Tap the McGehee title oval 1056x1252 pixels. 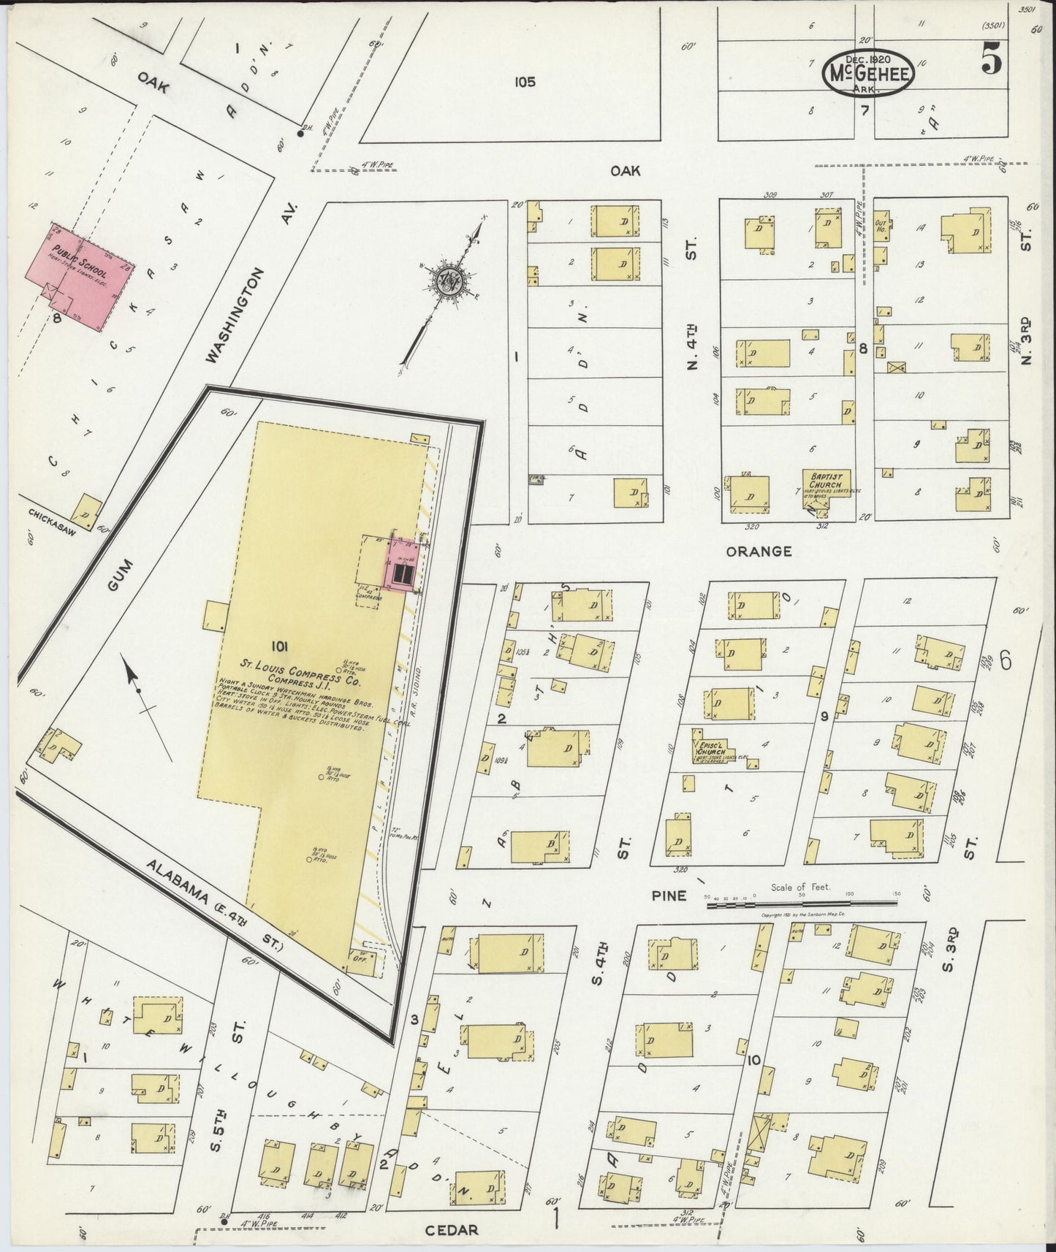coord(869,72)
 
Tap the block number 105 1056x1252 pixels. coord(524,82)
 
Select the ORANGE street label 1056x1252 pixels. coord(758,551)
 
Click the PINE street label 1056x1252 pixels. coord(669,895)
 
